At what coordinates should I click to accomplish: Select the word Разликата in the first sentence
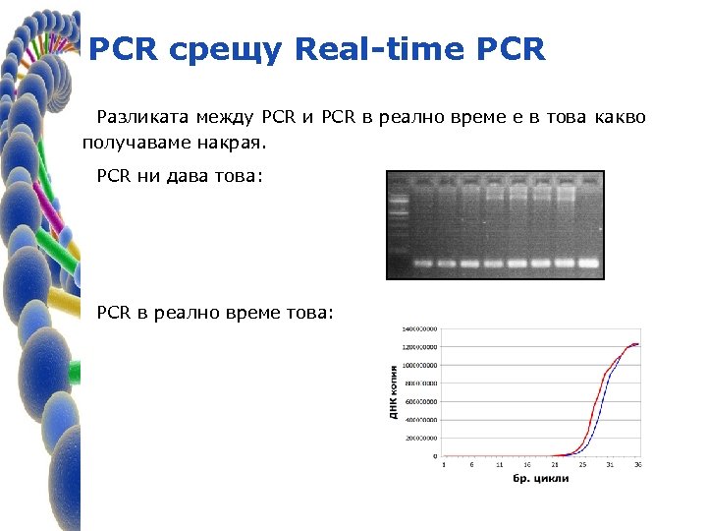click(x=138, y=118)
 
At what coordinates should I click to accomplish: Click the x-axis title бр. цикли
click(x=540, y=479)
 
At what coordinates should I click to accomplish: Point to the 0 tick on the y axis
click(x=435, y=457)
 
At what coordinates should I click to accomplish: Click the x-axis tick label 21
click(x=554, y=465)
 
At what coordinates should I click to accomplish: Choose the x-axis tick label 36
click(x=638, y=465)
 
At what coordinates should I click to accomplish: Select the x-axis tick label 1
click(x=444, y=465)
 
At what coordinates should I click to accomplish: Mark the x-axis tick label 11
click(x=499, y=465)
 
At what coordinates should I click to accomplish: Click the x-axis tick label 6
click(x=471, y=465)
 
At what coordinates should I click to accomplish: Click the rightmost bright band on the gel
click(x=588, y=264)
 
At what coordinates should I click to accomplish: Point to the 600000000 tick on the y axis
click(x=421, y=402)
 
